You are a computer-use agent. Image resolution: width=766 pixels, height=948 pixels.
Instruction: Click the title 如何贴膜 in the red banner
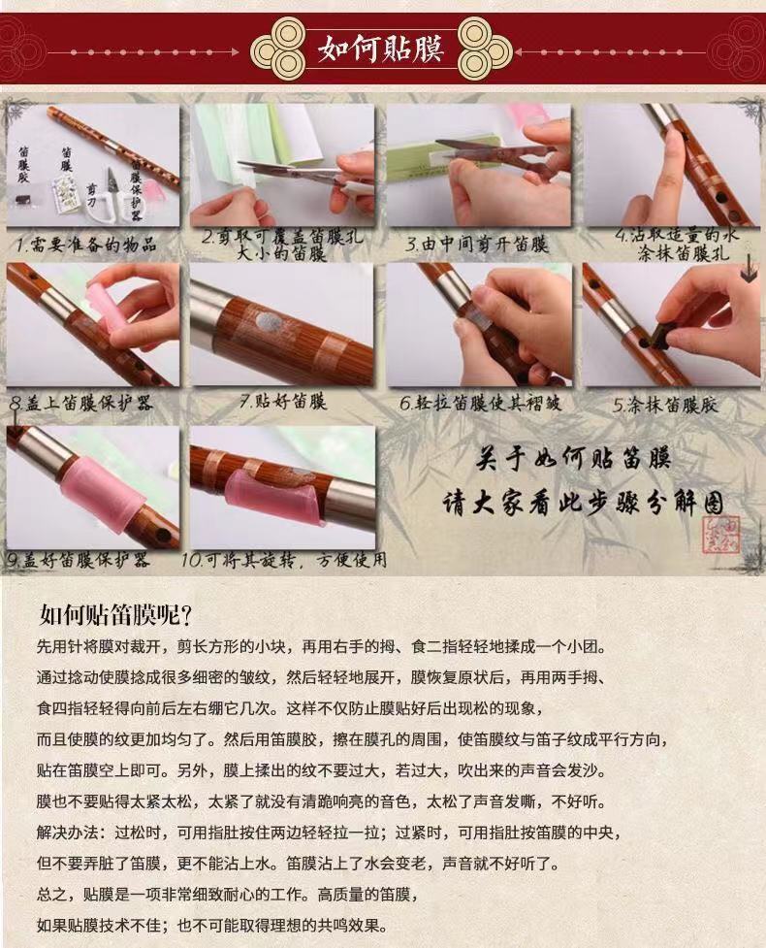(381, 49)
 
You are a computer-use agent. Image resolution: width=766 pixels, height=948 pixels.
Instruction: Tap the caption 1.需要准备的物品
(86, 245)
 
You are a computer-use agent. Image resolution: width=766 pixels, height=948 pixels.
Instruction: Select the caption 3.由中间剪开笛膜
(477, 245)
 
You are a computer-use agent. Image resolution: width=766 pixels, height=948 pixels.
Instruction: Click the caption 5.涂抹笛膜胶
(665, 405)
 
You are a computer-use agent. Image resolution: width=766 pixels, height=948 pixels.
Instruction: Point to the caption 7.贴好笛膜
(283, 401)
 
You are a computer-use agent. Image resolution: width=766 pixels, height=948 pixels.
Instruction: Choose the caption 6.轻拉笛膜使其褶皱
(480, 403)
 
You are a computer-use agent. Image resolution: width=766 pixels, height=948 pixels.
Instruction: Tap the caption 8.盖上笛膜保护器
(81, 404)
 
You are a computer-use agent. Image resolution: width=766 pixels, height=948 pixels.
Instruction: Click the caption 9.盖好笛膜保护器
(78, 560)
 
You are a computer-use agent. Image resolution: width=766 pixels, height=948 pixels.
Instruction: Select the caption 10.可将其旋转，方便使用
(284, 560)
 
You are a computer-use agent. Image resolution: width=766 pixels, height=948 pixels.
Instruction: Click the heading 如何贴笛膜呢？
(115, 615)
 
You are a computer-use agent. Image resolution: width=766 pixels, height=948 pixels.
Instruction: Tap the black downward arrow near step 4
(749, 269)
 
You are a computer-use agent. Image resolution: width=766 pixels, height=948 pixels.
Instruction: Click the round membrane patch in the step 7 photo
(267, 321)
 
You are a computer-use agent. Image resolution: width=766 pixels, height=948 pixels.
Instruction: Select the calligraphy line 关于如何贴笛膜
(573, 459)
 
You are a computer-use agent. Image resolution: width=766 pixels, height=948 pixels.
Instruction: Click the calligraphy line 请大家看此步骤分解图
(583, 503)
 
